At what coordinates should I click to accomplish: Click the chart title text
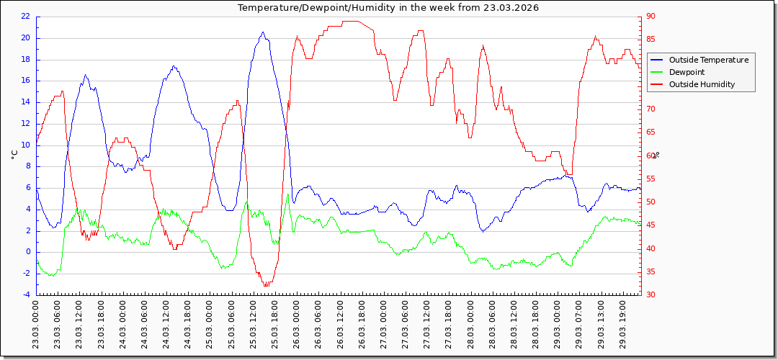click(388, 8)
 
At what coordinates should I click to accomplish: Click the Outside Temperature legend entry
click(709, 60)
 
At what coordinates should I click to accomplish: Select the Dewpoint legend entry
click(687, 72)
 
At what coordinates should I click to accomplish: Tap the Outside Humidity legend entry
click(702, 84)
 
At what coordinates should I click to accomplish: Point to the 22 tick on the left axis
click(25, 17)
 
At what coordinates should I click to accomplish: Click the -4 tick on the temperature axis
click(26, 294)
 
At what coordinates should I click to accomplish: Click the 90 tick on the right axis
click(651, 17)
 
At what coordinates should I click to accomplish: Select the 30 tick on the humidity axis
click(651, 294)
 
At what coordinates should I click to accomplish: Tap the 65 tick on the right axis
click(651, 132)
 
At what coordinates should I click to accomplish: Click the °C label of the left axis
click(13, 155)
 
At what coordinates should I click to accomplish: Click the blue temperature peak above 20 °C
click(263, 32)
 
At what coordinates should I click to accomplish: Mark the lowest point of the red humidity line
click(266, 285)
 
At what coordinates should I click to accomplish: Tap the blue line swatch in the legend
click(657, 60)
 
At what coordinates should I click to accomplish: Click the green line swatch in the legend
click(657, 72)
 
